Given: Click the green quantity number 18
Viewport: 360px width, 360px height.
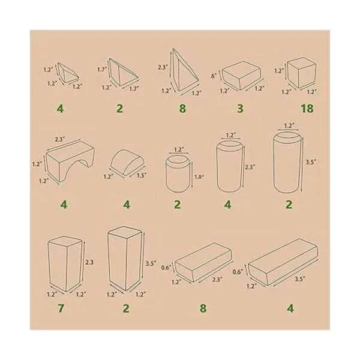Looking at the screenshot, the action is (307, 109).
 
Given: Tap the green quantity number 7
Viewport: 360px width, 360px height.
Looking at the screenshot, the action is (61, 308).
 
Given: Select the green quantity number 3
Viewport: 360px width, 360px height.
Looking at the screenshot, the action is (240, 109).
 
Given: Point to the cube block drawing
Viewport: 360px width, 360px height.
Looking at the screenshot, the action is (302, 73).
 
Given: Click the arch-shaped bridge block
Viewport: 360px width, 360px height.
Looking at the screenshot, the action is (70, 161).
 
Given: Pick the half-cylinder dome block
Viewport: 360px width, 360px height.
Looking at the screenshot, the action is (128, 163).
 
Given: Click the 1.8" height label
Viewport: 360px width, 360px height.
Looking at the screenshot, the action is (199, 177).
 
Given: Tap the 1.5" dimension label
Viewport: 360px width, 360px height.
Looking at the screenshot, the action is (142, 176).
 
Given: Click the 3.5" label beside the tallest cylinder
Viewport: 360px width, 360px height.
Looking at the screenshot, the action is (310, 162).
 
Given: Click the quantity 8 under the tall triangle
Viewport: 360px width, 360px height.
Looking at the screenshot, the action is (182, 109).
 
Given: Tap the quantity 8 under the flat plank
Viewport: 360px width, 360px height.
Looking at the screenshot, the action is (203, 308).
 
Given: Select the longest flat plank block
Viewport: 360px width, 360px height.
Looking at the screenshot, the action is (283, 262).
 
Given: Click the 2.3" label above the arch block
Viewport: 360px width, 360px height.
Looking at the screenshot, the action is (59, 139).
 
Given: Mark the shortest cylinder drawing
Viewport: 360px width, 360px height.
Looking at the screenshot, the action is (178, 173).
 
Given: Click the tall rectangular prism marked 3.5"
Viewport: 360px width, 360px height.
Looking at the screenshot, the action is (124, 259).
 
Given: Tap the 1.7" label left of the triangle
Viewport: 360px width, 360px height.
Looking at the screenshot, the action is (102, 69).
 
